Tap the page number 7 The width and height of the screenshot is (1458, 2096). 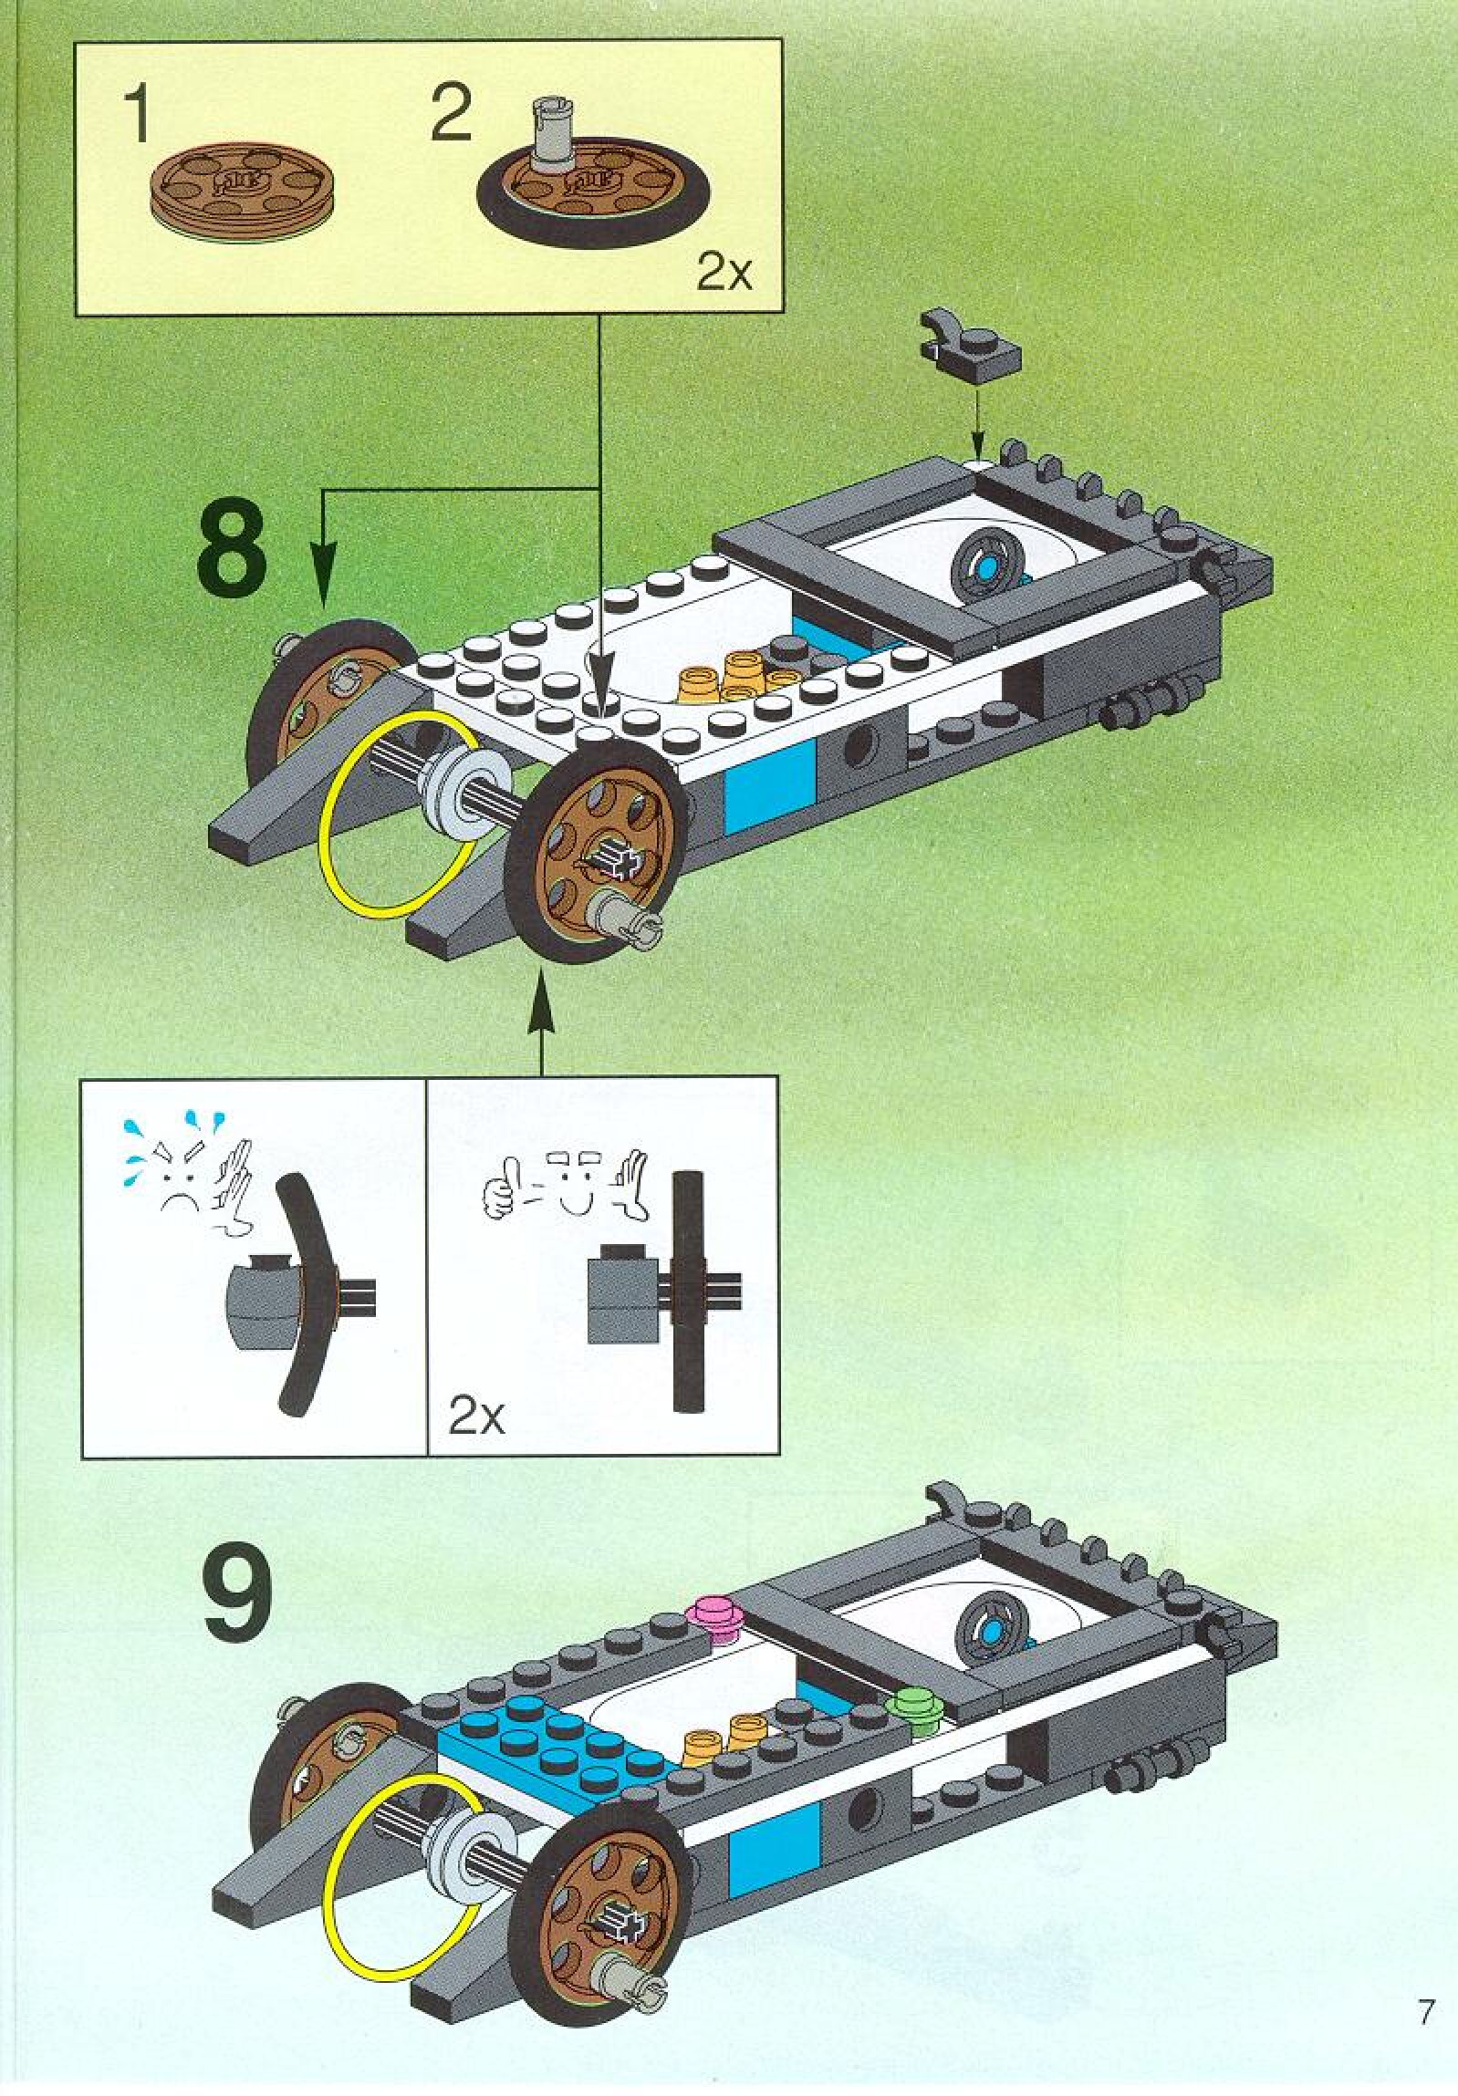click(1425, 2006)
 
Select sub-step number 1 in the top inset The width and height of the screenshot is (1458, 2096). click(138, 115)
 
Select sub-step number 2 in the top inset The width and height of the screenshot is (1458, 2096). click(451, 115)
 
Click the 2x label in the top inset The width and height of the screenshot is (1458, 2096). click(724, 274)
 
